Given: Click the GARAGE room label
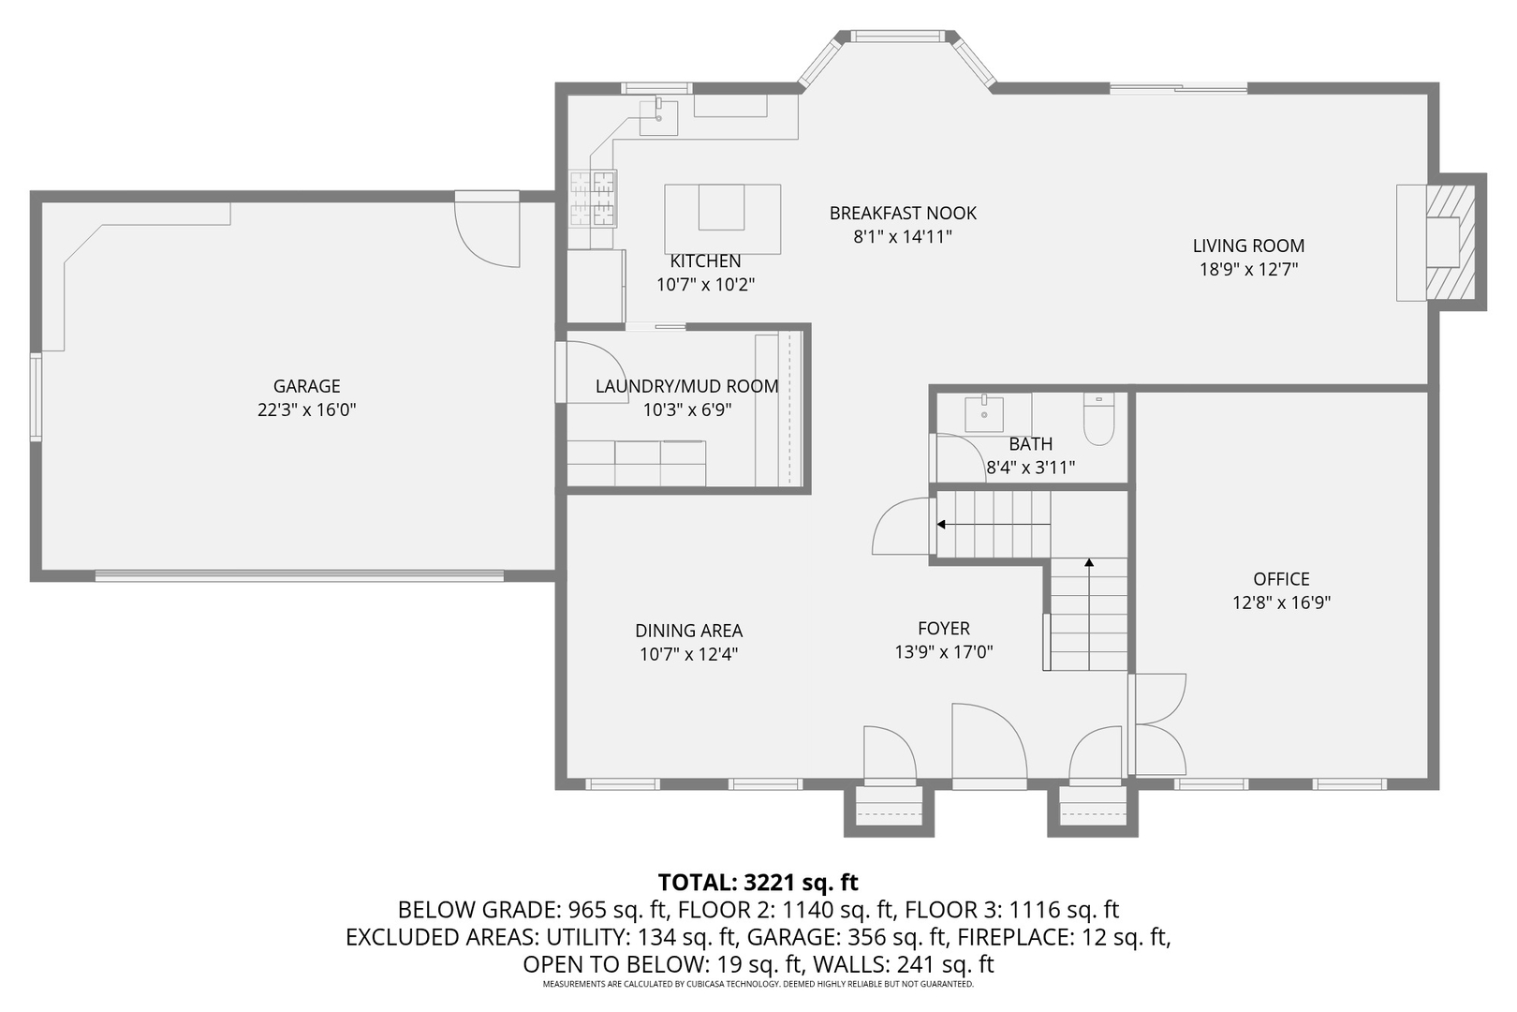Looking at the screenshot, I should click(x=306, y=386).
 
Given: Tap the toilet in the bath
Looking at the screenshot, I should click(x=1097, y=421).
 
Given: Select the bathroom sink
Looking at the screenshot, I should click(x=984, y=413).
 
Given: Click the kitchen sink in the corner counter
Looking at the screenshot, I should click(x=658, y=117).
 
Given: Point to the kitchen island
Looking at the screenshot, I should click(x=722, y=217).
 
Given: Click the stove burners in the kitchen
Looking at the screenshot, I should click(x=593, y=199).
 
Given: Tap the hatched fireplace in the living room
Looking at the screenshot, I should click(x=1451, y=243).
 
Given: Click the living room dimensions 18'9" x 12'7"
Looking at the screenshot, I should click(x=1248, y=270).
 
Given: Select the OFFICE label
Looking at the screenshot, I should click(x=1281, y=579).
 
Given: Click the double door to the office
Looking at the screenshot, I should click(x=1159, y=723).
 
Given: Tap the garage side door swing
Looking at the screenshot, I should click(x=488, y=234).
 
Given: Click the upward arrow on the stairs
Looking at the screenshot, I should click(x=1089, y=563).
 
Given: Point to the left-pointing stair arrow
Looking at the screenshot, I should click(x=942, y=525).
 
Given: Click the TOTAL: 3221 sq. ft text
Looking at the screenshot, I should click(x=758, y=882).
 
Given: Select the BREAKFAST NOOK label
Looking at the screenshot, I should click(x=903, y=214).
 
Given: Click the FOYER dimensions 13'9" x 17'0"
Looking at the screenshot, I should click(x=943, y=652).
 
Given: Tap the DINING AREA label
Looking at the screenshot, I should click(x=688, y=632).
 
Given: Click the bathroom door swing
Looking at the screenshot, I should click(x=959, y=457).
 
